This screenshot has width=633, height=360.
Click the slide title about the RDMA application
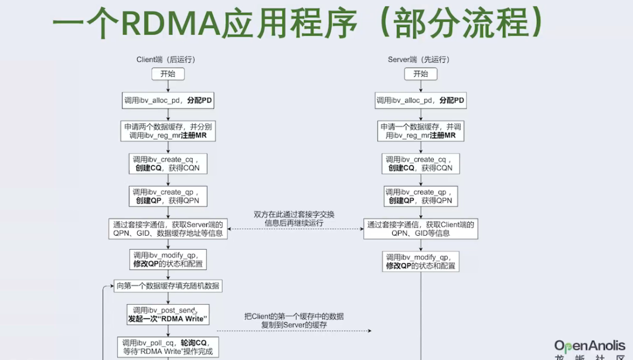click(299, 24)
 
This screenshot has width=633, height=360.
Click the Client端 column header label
click(165, 59)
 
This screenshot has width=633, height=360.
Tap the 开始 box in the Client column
click(168, 74)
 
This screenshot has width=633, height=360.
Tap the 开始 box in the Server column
click(421, 74)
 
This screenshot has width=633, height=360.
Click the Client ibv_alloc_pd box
click(168, 100)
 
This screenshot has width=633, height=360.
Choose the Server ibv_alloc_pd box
click(421, 100)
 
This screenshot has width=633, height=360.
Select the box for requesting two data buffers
click(168, 131)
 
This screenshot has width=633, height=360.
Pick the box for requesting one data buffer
click(421, 131)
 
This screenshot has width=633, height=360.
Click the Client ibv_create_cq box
click(168, 164)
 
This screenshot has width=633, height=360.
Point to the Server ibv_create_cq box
click(421, 164)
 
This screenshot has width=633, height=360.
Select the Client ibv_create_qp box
click(168, 196)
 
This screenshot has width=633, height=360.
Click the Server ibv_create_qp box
click(421, 196)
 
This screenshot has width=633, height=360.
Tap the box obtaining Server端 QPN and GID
click(168, 229)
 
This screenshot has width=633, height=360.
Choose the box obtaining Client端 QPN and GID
click(420, 229)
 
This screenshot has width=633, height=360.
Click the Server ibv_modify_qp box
click(421, 261)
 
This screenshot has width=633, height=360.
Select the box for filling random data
click(168, 287)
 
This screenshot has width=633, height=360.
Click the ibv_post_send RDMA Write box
click(168, 315)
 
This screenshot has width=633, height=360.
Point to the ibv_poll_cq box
click(168, 347)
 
